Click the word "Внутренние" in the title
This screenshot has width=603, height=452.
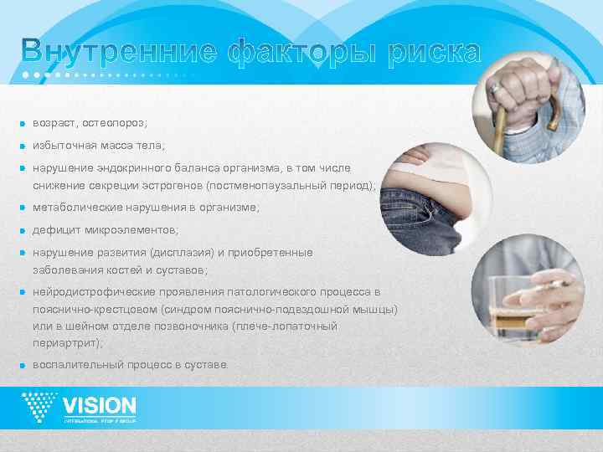[x=118, y=53]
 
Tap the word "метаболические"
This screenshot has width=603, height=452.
[x=75, y=207]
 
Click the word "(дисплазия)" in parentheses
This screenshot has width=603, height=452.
[x=182, y=252]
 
